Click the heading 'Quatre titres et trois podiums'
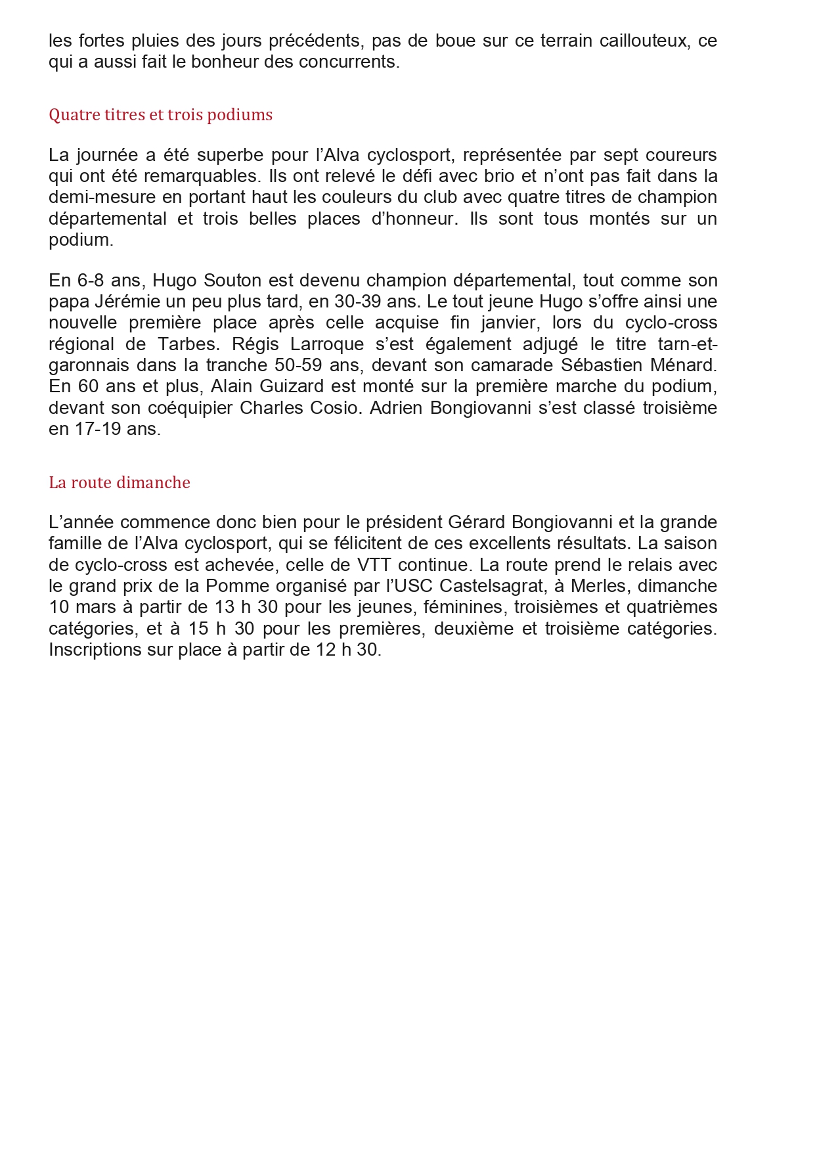tap(160, 115)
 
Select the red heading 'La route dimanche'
tap(119, 483)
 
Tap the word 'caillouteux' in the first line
tap(644, 41)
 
